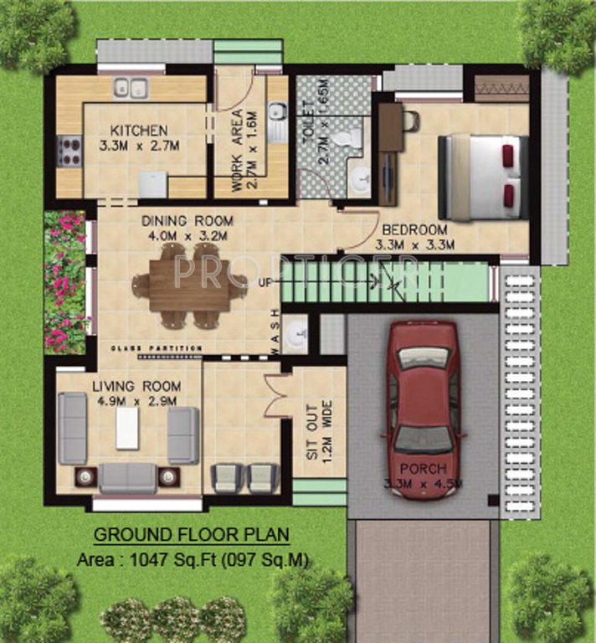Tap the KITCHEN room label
click(140, 131)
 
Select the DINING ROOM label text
click(187, 221)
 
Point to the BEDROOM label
click(414, 229)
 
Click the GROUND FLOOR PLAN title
click(191, 534)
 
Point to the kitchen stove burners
click(69, 152)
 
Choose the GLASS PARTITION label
click(157, 347)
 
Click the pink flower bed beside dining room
click(65, 280)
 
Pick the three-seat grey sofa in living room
click(127, 477)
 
